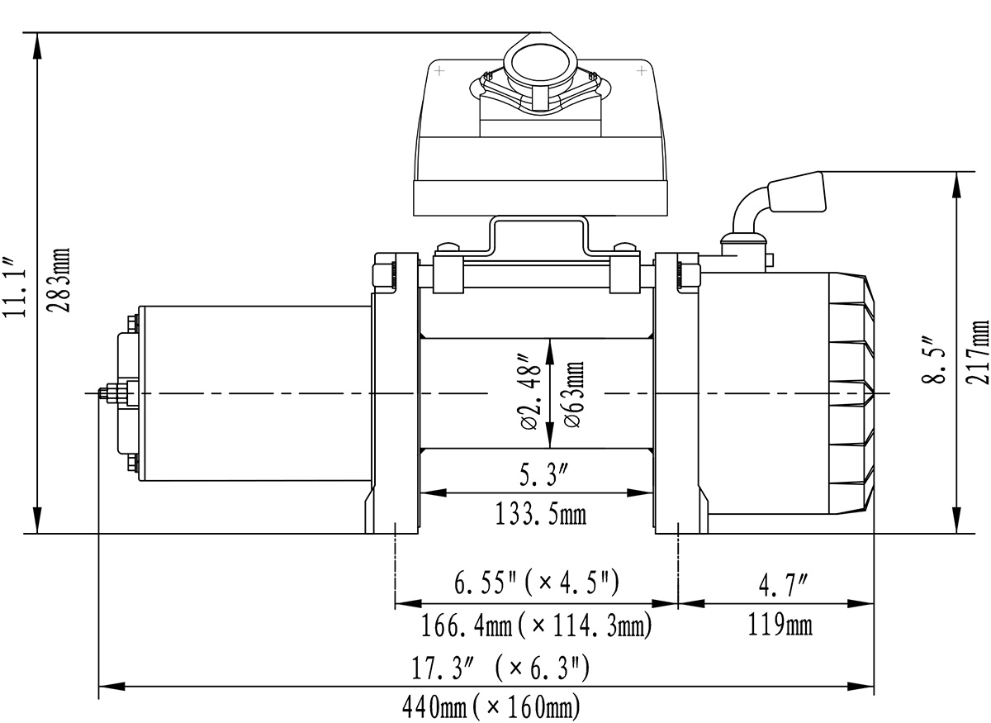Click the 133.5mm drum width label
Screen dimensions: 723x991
[x=540, y=515]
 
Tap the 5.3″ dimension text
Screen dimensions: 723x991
[x=543, y=474]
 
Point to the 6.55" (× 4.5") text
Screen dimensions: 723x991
[x=537, y=583]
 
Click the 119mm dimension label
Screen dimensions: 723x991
[x=780, y=625]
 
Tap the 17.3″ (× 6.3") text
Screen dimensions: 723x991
[x=500, y=667]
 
